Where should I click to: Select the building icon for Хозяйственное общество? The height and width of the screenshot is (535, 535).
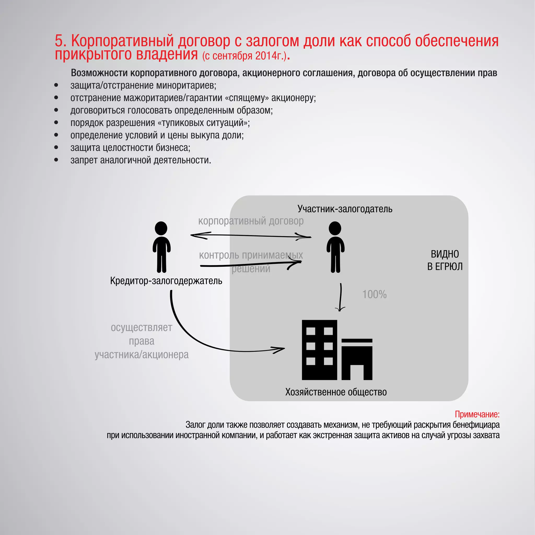click(x=337, y=350)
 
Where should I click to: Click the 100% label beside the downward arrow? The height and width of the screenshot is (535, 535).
click(x=374, y=294)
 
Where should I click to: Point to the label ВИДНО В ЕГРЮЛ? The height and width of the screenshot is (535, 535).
click(x=445, y=260)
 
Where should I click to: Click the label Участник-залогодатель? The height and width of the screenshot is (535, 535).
click(x=345, y=209)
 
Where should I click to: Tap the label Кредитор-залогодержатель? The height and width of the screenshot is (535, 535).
click(x=166, y=281)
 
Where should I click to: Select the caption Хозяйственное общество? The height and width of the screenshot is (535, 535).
click(x=336, y=392)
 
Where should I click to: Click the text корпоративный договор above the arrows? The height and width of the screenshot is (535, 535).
click(x=251, y=221)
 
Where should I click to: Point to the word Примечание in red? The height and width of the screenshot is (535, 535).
click(x=477, y=414)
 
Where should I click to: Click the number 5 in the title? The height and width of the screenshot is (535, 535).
click(x=59, y=41)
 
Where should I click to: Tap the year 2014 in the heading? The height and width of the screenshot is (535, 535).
click(x=264, y=56)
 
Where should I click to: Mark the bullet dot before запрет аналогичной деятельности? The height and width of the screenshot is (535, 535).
click(x=56, y=160)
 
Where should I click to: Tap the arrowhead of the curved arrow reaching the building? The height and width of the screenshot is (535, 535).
click(x=282, y=349)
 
